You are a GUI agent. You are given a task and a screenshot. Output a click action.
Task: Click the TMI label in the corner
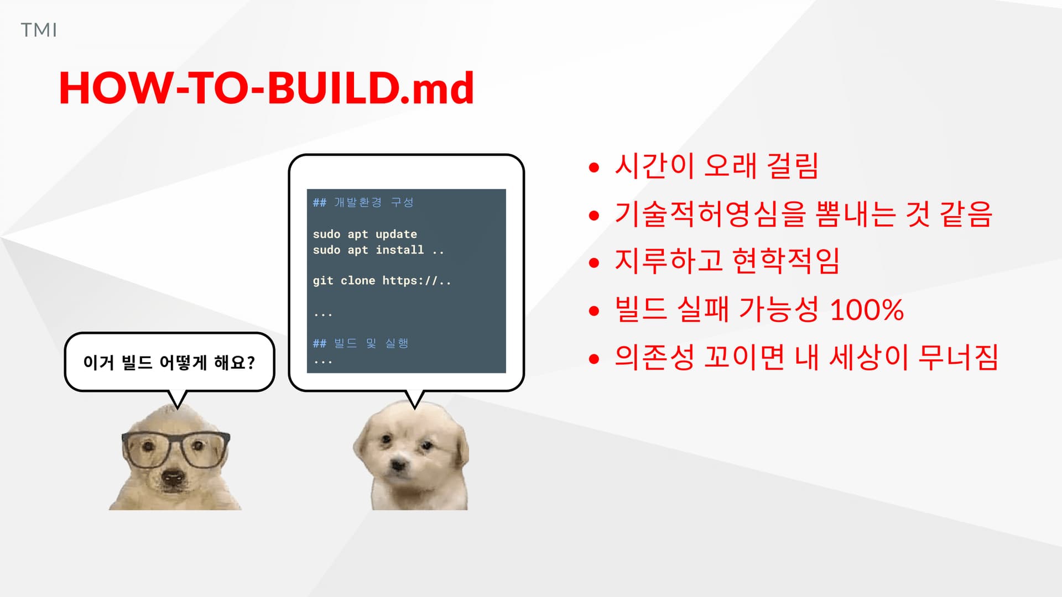tap(39, 30)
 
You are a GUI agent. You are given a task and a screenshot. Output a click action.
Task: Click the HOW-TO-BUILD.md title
tap(267, 88)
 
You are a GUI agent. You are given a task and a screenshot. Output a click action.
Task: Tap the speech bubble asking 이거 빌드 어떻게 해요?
tap(169, 363)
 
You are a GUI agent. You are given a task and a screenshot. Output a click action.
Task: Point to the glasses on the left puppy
tap(176, 449)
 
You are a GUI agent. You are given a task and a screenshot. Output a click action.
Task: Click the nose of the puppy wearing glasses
tap(173, 476)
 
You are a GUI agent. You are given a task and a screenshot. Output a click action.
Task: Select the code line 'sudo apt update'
tap(365, 234)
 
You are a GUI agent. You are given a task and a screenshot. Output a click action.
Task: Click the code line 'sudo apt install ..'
tap(378, 250)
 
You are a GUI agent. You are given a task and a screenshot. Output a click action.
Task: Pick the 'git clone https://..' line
tap(382, 281)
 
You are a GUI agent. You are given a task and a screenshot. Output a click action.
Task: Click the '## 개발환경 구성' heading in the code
tap(363, 202)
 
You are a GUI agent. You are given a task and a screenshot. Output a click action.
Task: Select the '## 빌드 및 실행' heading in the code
tap(361, 343)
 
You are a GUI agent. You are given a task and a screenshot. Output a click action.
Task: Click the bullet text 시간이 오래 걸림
tap(716, 166)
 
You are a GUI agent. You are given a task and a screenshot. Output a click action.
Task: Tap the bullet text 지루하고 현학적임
tap(727, 261)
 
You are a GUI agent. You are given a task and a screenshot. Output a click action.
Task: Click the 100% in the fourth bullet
tap(867, 310)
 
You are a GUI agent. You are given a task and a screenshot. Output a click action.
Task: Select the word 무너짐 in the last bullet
tap(958, 357)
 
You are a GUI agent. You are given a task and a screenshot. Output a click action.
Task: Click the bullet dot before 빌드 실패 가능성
tap(594, 311)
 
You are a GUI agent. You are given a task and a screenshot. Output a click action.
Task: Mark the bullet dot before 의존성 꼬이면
tap(594, 359)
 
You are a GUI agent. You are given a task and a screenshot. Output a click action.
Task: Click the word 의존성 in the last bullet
tap(654, 357)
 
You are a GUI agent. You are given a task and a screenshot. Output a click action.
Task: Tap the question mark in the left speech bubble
tap(251, 363)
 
